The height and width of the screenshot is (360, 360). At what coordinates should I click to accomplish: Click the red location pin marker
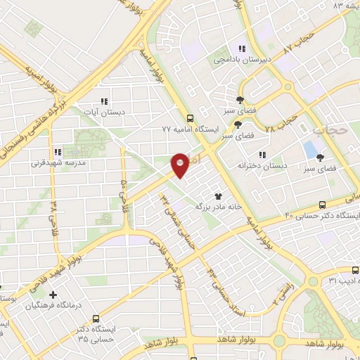tap(180, 165)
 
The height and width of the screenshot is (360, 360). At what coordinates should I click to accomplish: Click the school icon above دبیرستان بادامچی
tap(242, 49)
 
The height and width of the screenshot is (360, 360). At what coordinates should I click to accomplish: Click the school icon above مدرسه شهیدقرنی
tap(58, 151)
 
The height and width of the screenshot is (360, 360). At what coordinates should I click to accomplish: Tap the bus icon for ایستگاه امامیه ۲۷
tap(190, 118)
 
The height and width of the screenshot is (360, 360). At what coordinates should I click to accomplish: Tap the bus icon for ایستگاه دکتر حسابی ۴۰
tap(322, 205)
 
